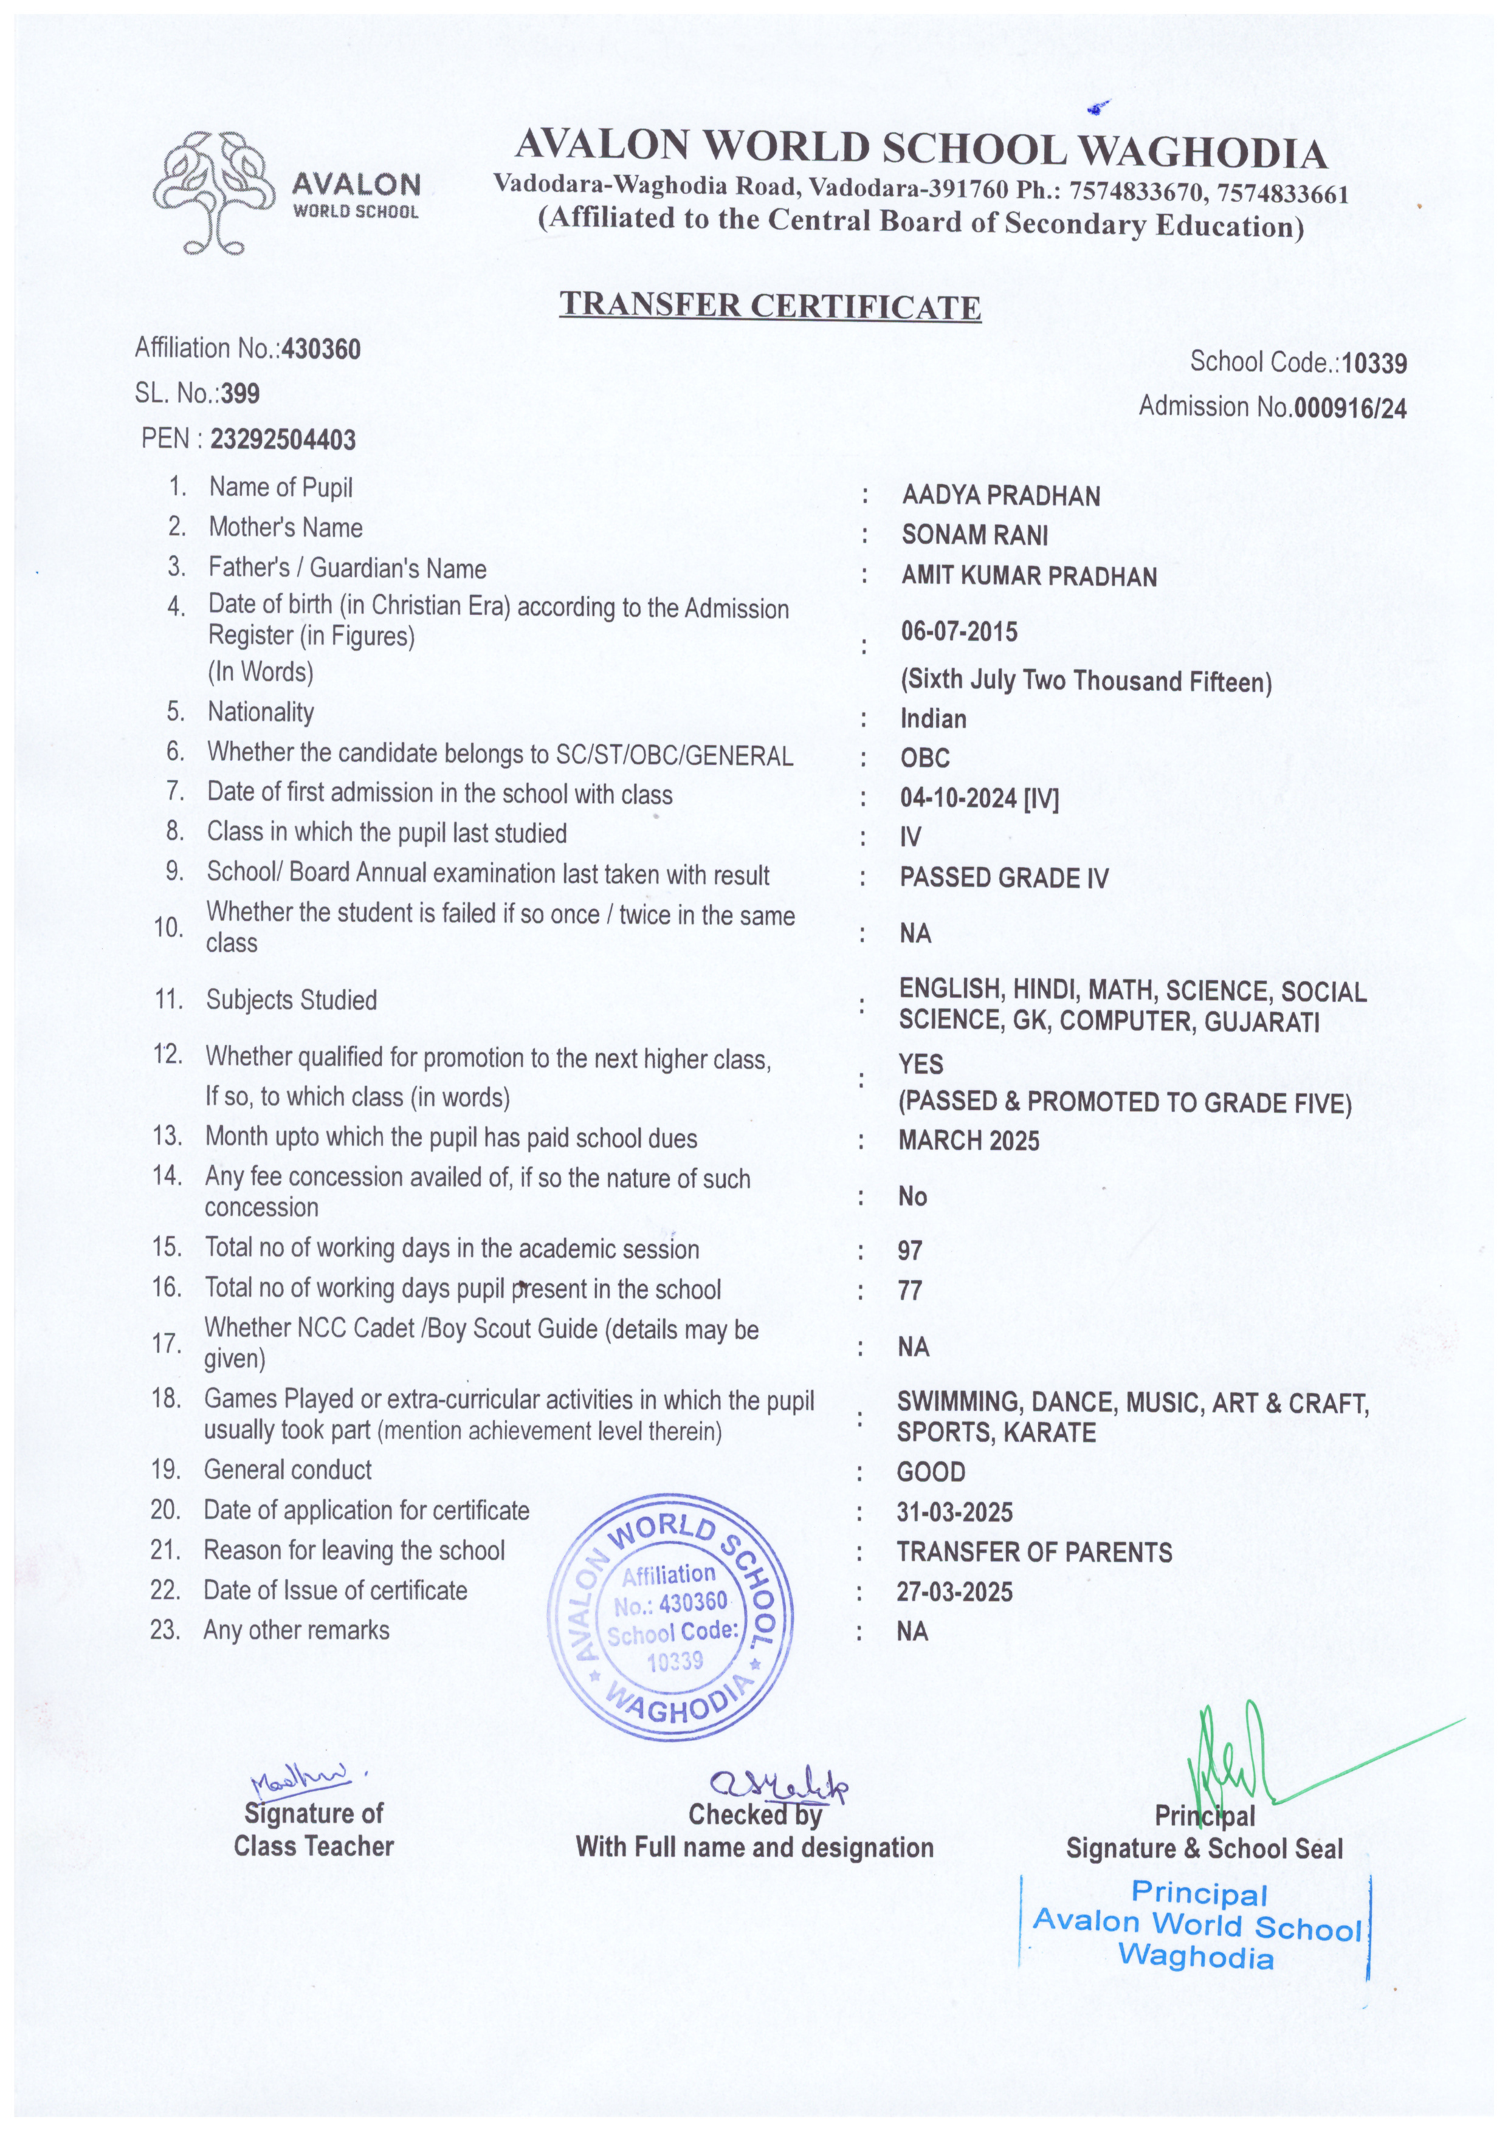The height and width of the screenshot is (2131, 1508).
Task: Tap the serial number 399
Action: [x=241, y=394]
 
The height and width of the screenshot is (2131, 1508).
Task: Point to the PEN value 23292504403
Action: [x=283, y=439]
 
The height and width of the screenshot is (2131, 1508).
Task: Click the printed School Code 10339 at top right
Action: [x=1374, y=363]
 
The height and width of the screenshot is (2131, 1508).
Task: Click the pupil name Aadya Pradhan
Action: [x=1000, y=496]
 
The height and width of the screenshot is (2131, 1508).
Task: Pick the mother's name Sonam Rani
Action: [x=974, y=535]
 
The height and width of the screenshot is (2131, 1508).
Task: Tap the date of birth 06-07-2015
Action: [x=959, y=632]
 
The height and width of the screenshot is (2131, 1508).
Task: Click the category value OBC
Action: [x=925, y=758]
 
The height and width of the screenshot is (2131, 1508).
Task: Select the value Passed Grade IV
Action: [x=1003, y=878]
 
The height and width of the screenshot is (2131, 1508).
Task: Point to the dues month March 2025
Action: [x=968, y=1141]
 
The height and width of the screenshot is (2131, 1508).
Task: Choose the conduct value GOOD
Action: [x=931, y=1472]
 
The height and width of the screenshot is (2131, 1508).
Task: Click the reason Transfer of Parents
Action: [x=1033, y=1552]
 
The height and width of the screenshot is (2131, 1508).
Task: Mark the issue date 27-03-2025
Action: [x=954, y=1592]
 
